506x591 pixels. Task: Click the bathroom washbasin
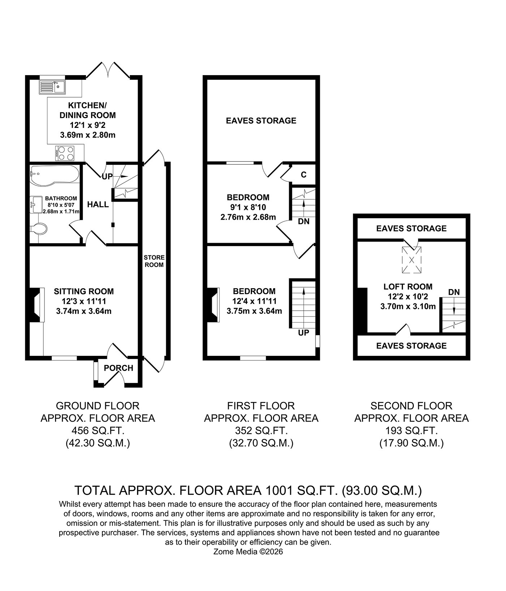tap(35, 205)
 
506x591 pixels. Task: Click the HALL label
tap(98, 204)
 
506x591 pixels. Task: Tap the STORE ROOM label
tap(154, 261)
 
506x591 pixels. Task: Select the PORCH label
tap(119, 368)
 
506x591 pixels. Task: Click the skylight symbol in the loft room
tap(412, 260)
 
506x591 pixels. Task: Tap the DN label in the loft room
tap(454, 292)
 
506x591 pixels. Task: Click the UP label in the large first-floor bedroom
tap(304, 333)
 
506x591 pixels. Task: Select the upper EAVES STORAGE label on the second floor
tap(411, 228)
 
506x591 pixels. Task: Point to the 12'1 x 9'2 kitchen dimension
tap(87, 125)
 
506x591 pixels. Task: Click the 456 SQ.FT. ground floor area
tap(98, 431)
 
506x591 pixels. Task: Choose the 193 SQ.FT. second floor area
tap(411, 431)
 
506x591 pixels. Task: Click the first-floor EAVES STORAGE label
tap(261, 121)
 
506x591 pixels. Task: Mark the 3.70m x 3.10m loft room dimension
tap(408, 306)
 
